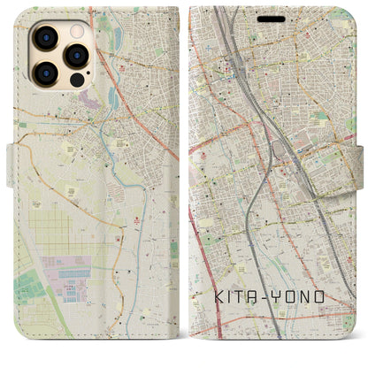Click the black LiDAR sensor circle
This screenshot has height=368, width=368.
76,80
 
